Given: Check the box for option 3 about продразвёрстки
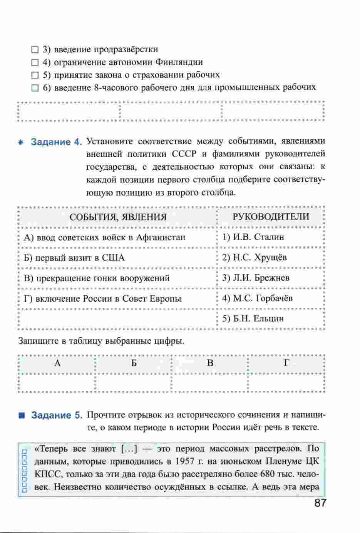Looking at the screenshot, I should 35,50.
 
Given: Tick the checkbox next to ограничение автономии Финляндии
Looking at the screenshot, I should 35,63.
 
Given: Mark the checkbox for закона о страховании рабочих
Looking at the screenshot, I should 35,75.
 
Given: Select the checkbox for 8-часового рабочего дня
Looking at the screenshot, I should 35,88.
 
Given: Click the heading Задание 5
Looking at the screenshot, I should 57,415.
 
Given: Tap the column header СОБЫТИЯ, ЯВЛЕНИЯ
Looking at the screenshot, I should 118,217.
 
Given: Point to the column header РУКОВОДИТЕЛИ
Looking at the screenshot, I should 271,217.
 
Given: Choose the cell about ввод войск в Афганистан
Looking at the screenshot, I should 104,237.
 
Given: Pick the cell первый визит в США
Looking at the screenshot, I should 74,258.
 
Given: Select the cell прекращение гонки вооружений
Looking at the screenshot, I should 97,278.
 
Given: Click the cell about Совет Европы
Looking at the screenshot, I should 102,299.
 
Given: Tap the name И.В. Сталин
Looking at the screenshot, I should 253,237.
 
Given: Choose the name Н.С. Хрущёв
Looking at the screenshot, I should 255,257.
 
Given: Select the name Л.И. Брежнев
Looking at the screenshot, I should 256,278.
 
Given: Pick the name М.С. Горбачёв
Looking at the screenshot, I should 258,298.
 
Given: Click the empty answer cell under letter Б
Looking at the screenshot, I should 133,383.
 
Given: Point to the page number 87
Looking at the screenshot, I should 320,503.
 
